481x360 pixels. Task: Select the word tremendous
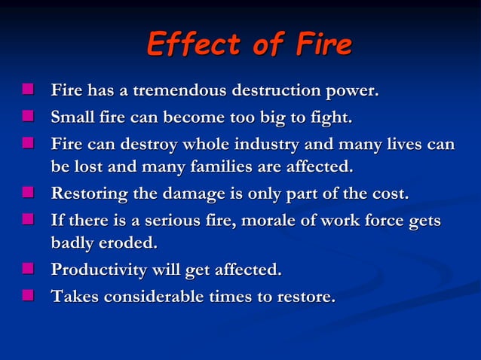coord(176,93)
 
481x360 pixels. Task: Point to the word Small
coord(72,118)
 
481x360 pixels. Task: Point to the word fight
coord(329,118)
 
